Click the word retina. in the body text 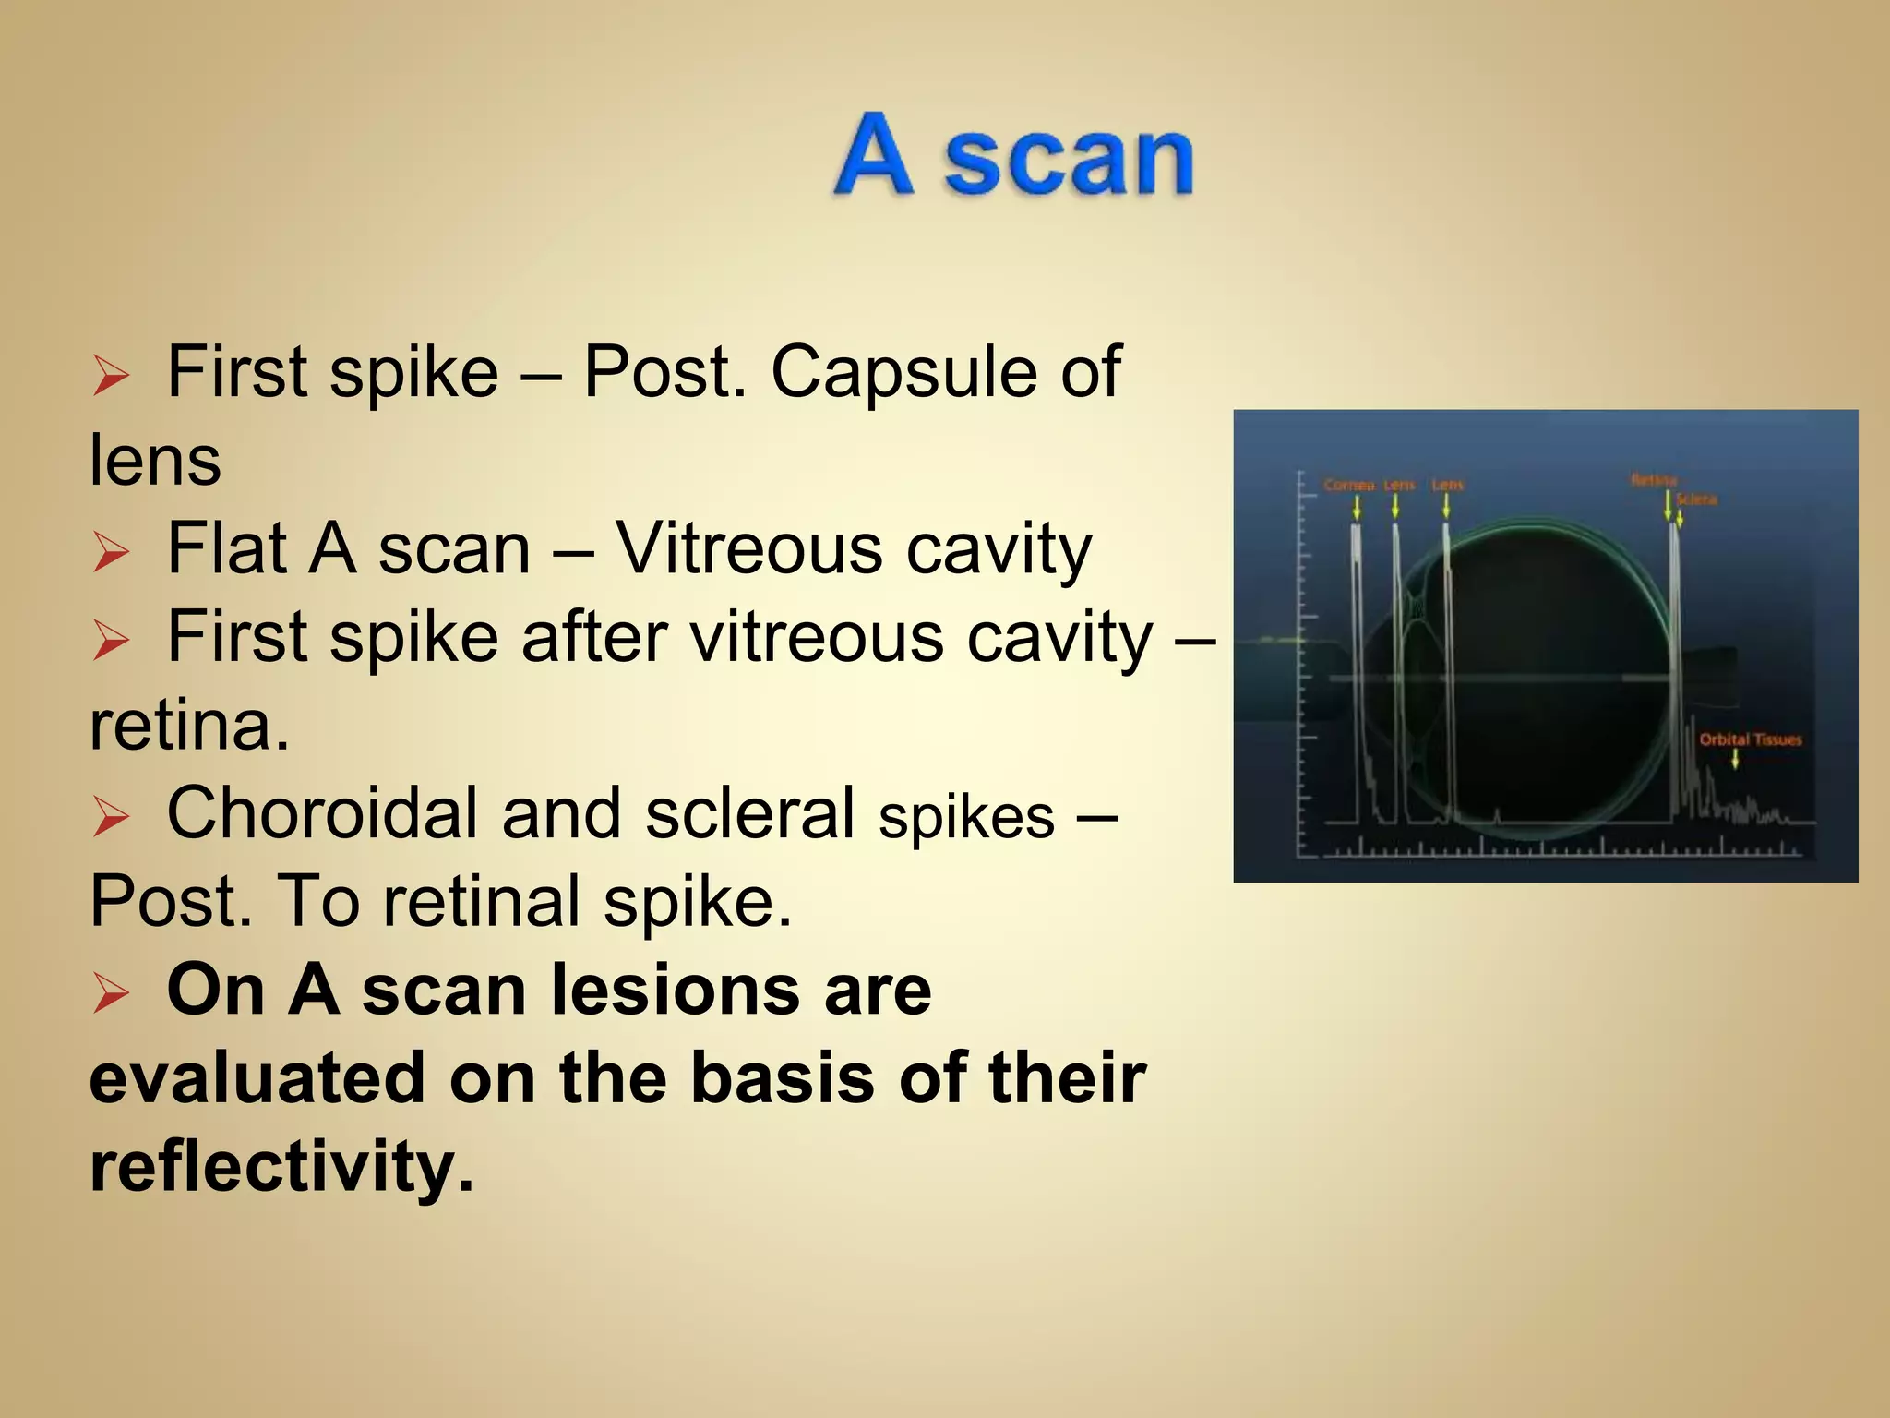pos(189,726)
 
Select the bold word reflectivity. pos(281,1167)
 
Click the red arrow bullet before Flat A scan pos(111,553)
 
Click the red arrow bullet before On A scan pos(111,994)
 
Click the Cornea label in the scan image pos(1348,485)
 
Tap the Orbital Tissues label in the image pos(1750,739)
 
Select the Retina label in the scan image pos(1653,479)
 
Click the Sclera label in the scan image pos(1696,499)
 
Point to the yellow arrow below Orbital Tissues pos(1735,759)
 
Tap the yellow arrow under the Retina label pos(1668,505)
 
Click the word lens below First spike pos(155,461)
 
